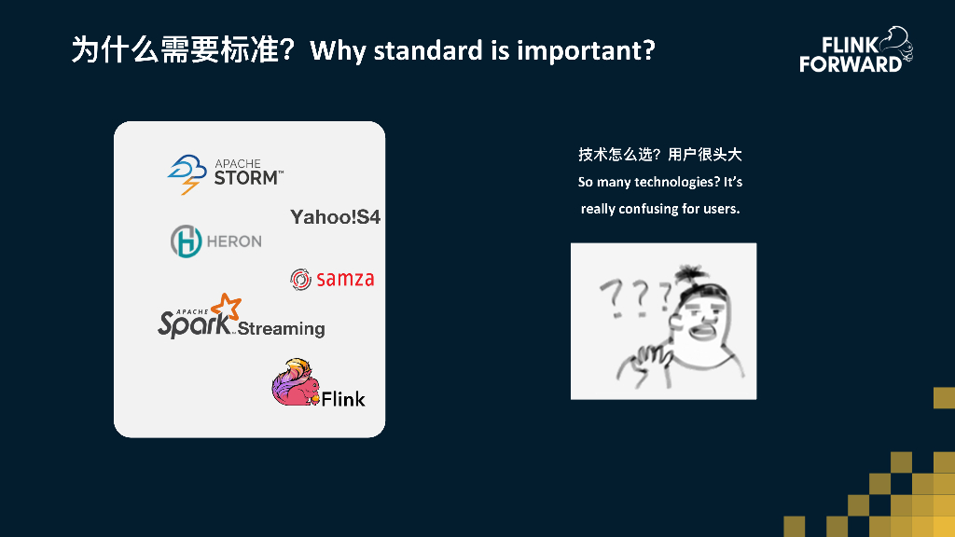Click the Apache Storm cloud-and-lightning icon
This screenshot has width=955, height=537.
coord(187,173)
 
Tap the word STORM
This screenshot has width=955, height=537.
coord(246,178)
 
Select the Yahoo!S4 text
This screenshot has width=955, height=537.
coord(335,216)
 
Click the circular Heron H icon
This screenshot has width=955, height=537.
coord(186,241)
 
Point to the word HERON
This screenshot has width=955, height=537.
coord(234,241)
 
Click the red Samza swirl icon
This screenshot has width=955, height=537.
coord(300,280)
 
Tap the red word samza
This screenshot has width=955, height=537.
coord(345,279)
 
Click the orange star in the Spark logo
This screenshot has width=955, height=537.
coord(227,306)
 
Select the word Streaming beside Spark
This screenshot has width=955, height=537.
coord(281,329)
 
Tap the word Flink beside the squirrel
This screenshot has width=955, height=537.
coord(343,399)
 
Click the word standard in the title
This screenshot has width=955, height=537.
coord(428,50)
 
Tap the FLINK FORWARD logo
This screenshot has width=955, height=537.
coord(856,50)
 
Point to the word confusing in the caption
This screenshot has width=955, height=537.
coord(648,209)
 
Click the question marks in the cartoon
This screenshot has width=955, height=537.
coord(634,297)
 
